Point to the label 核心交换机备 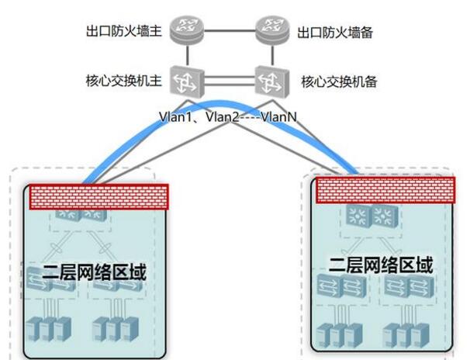[336, 80]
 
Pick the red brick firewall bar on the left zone [98, 197]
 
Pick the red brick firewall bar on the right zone [384, 189]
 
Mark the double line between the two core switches [228, 78]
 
